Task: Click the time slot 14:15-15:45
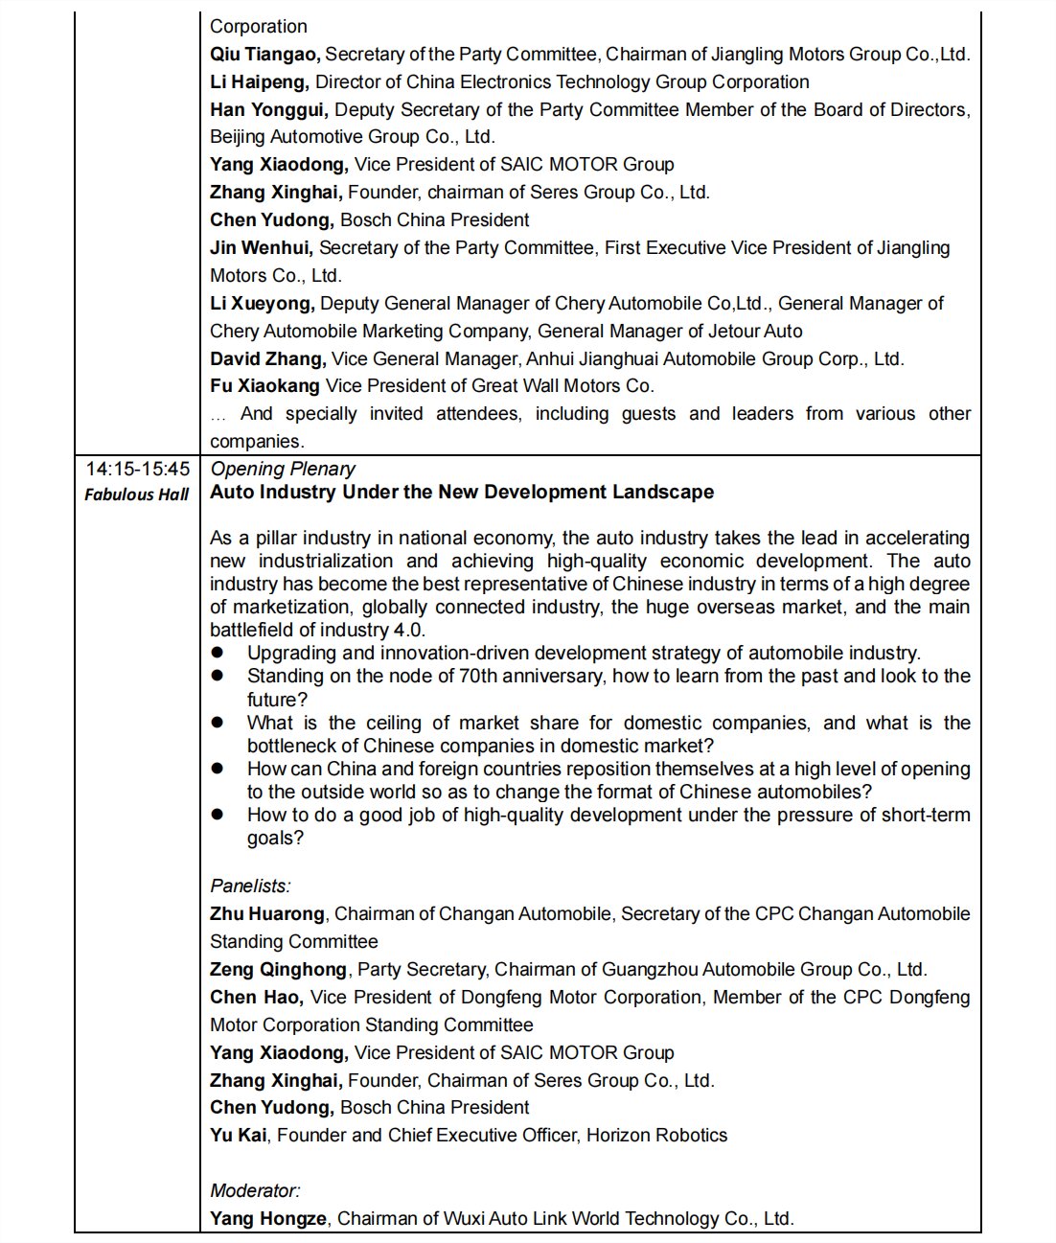(x=137, y=470)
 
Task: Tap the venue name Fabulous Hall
(x=137, y=495)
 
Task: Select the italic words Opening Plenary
(x=283, y=469)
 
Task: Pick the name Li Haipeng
(x=259, y=82)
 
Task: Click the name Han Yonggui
(x=268, y=110)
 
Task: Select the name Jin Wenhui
(x=261, y=248)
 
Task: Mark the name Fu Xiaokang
(x=264, y=386)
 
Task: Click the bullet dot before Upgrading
(x=218, y=653)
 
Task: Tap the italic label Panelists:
(x=250, y=886)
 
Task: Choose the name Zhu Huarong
(x=267, y=914)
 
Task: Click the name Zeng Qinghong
(x=279, y=970)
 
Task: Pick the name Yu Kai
(x=239, y=1136)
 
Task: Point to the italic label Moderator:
(x=255, y=1191)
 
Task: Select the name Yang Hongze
(x=268, y=1219)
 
